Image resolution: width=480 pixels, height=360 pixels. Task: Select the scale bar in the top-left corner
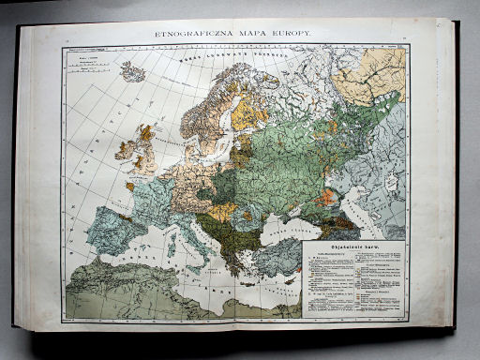94,67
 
